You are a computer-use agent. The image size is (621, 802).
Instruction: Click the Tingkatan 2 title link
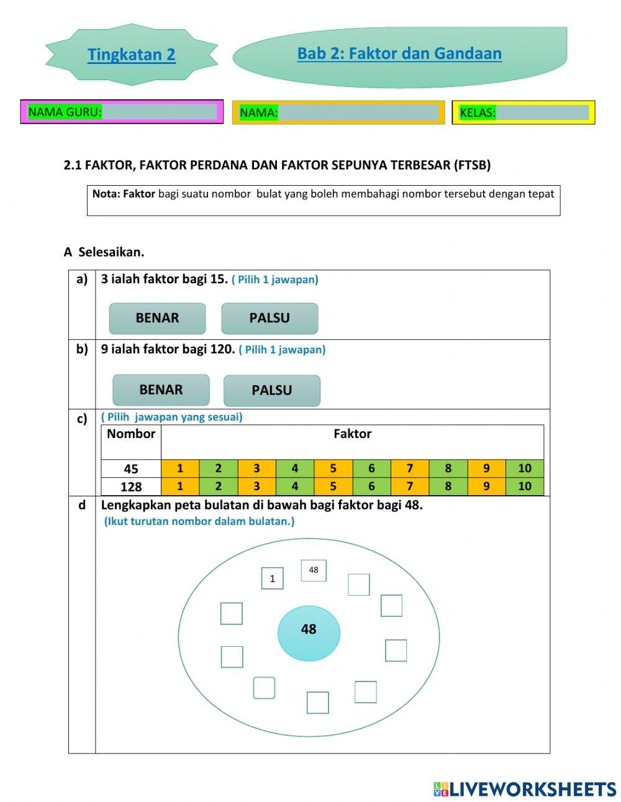(131, 55)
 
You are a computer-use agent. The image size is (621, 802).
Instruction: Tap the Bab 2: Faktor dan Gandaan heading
(399, 53)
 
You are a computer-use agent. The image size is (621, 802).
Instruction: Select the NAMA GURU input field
(159, 112)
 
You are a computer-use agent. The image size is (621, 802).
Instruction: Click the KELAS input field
(542, 112)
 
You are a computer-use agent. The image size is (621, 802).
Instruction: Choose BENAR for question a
(157, 318)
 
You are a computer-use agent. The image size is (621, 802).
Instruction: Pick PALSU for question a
(270, 318)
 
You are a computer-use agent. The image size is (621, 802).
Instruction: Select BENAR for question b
(161, 390)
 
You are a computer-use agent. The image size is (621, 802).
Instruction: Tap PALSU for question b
(271, 391)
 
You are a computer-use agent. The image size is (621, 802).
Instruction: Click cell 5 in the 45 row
(333, 468)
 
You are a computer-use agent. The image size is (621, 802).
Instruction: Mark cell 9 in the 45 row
(486, 468)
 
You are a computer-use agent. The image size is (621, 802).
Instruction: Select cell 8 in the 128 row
(448, 486)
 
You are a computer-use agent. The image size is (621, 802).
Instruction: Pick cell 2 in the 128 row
(218, 486)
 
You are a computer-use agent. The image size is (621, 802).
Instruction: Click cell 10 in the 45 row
(525, 468)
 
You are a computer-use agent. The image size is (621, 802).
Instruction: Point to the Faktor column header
(352, 434)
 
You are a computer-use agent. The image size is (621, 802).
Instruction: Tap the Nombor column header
(131, 434)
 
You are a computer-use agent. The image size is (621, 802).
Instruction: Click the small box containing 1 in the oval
(272, 578)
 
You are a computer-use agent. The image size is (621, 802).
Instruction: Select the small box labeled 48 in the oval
(314, 570)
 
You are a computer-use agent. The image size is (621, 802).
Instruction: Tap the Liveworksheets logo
(525, 789)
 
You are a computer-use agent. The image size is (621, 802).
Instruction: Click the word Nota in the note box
(106, 194)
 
